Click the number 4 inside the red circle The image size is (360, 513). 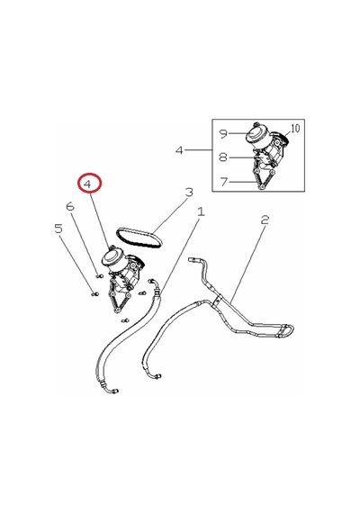[x=87, y=184]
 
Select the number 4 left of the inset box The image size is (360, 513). [x=179, y=150]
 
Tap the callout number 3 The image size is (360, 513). [x=189, y=192]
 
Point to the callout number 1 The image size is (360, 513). [x=201, y=211]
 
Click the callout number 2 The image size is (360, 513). [x=265, y=220]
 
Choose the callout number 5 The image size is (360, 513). [x=58, y=229]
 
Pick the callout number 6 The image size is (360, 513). [x=70, y=206]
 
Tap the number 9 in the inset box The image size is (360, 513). [x=223, y=134]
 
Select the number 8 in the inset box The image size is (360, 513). [x=223, y=157]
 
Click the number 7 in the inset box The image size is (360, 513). [x=224, y=182]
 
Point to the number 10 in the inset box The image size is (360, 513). [x=295, y=129]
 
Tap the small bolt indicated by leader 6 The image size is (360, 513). [x=99, y=276]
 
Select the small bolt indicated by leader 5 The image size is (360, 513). [x=94, y=293]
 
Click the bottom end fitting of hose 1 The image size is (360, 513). [x=113, y=390]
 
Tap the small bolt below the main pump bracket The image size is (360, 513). [x=125, y=320]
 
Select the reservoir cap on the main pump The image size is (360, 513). [x=112, y=256]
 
